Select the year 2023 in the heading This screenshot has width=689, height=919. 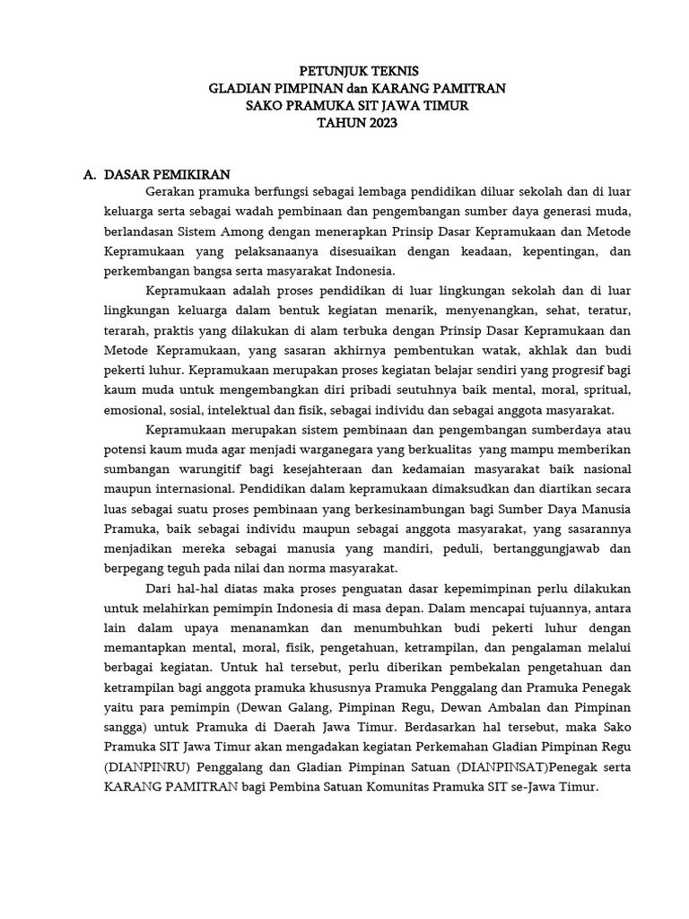tap(378, 123)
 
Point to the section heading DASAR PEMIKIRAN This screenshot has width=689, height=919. tap(168, 174)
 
